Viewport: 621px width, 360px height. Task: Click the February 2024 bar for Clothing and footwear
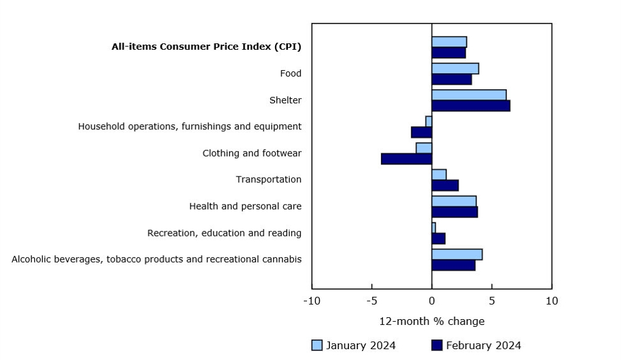(406, 159)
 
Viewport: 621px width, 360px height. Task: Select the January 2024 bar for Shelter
(469, 95)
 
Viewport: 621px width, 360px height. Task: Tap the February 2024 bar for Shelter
(471, 106)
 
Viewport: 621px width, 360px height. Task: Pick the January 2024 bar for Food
(455, 68)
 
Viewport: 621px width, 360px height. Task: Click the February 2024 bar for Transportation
(445, 185)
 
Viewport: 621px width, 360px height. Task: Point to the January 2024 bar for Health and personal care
(453, 201)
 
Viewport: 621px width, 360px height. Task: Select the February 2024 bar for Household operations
(422, 132)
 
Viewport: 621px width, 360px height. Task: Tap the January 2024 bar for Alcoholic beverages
(457, 254)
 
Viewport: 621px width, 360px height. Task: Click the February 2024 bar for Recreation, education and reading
(438, 238)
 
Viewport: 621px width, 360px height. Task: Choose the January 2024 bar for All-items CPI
(449, 41)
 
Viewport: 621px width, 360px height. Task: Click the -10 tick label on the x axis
(311, 301)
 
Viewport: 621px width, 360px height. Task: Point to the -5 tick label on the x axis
(371, 301)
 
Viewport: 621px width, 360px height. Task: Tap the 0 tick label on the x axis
(432, 301)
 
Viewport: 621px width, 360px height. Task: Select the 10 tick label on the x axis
(552, 301)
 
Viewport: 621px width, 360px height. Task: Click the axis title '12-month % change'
(432, 321)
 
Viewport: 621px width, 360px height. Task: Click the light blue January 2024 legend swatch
(317, 345)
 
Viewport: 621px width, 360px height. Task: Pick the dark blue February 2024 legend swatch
(436, 345)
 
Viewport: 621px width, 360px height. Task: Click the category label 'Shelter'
(285, 100)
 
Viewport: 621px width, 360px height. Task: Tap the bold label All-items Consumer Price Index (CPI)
(206, 47)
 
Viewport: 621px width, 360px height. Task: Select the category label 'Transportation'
(268, 180)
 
